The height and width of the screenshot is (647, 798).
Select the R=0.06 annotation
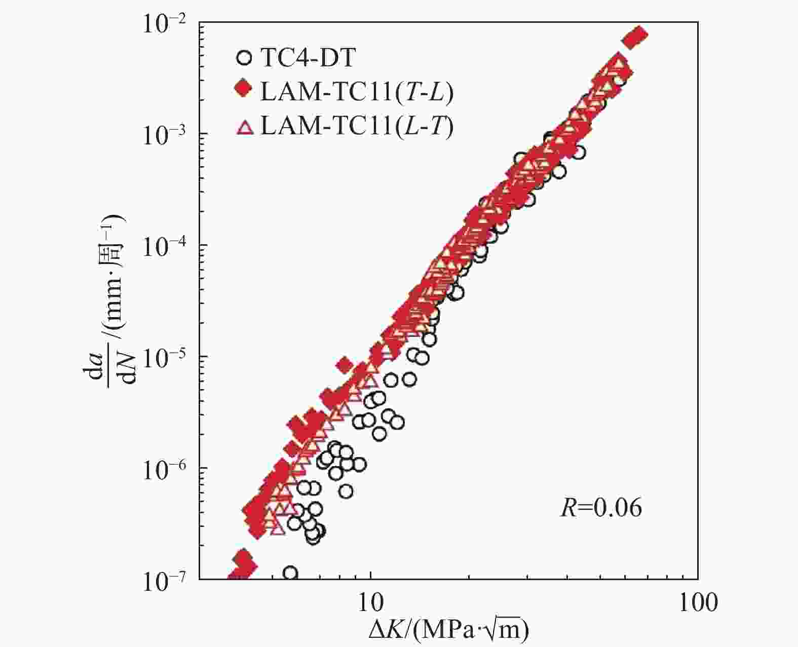(x=601, y=508)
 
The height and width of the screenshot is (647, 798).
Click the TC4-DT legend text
(x=308, y=58)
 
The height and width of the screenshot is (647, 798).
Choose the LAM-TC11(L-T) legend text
(x=356, y=126)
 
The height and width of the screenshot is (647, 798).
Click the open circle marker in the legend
(x=244, y=58)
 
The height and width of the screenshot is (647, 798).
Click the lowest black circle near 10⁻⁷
(x=290, y=573)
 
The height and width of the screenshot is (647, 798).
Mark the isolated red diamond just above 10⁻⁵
(x=345, y=365)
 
